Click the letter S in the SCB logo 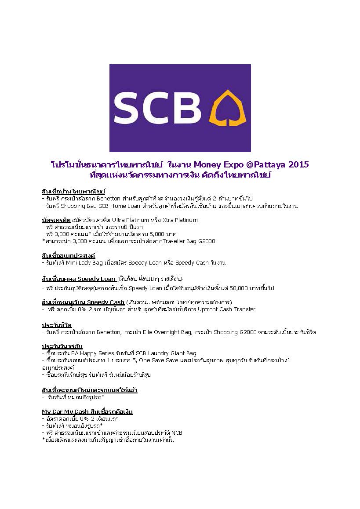point(131,108)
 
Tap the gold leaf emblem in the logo point(227,108)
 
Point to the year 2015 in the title point(297,165)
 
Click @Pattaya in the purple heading point(263,165)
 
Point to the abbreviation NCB point(176,433)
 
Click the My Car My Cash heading point(65,411)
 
